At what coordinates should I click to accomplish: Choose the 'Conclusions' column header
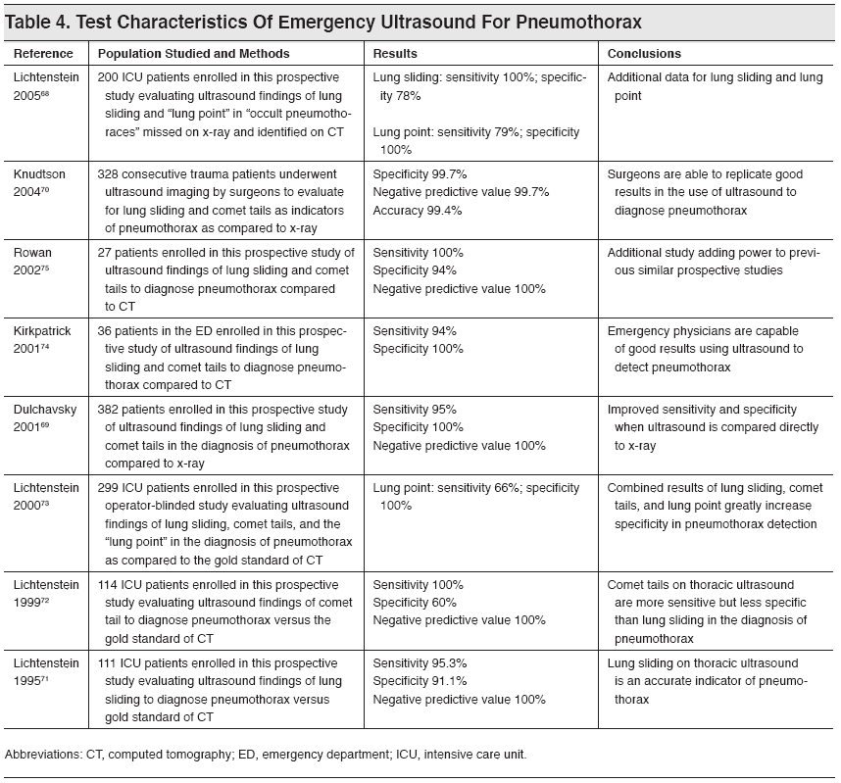[644, 54]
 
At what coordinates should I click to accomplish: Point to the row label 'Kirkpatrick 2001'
[41, 340]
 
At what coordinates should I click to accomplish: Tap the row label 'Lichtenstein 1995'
[45, 672]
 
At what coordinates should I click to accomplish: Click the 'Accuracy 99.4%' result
[418, 210]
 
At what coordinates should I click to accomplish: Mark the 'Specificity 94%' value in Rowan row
[415, 269]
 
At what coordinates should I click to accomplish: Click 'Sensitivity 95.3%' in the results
[420, 663]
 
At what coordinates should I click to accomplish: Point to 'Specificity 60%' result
[415, 602]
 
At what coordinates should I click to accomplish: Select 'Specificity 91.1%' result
[420, 682]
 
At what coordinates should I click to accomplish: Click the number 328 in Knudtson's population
[108, 172]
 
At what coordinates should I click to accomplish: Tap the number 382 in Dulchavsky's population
[108, 409]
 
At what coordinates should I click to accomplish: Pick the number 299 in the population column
[108, 487]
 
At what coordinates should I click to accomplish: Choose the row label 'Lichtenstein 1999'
[45, 593]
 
